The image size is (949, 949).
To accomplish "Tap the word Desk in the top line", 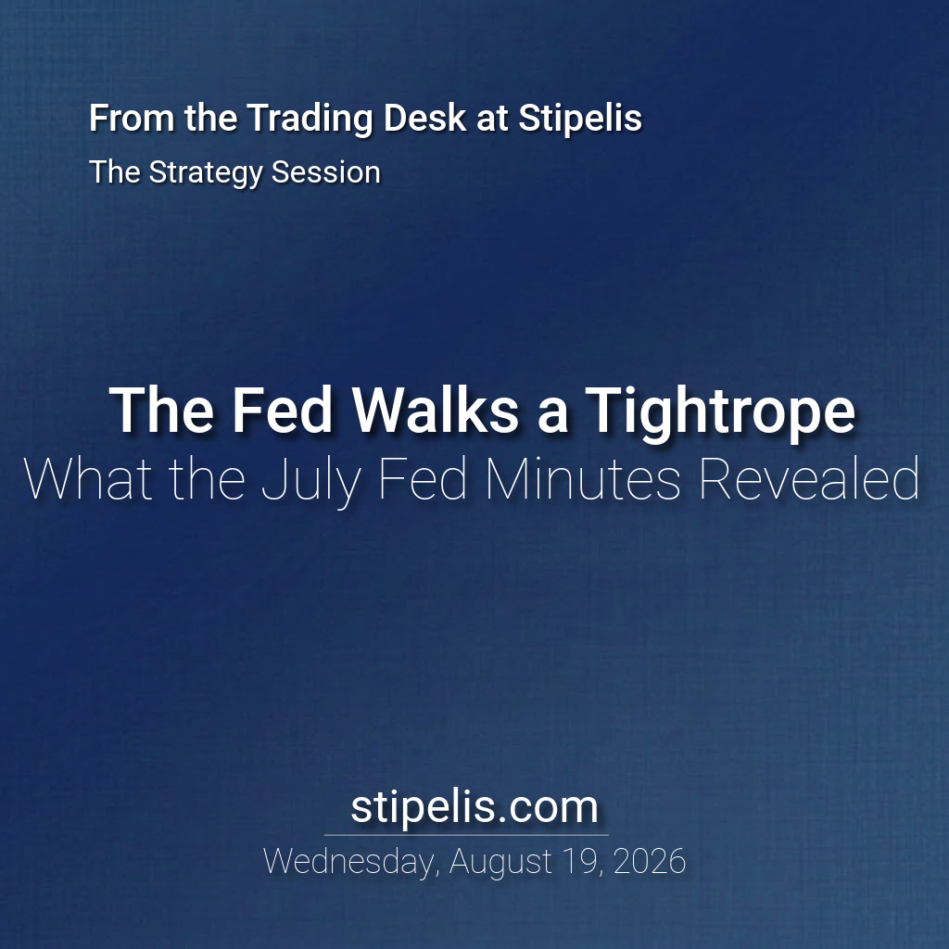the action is [424, 117].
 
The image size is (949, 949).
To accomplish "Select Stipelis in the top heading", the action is [580, 118].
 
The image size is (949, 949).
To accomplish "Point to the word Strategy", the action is [206, 173].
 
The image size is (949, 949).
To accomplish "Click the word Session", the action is [326, 171].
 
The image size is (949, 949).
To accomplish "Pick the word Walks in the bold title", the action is [436, 411].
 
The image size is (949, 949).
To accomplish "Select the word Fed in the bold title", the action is [283, 411].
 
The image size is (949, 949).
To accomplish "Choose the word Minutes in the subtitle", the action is [583, 479].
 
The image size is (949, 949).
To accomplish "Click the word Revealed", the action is [809, 479].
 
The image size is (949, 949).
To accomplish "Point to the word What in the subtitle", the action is [88, 479].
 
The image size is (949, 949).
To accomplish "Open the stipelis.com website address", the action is [474, 807].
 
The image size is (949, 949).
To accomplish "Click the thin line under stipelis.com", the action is [466, 835].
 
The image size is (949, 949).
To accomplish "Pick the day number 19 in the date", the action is [582, 862].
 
